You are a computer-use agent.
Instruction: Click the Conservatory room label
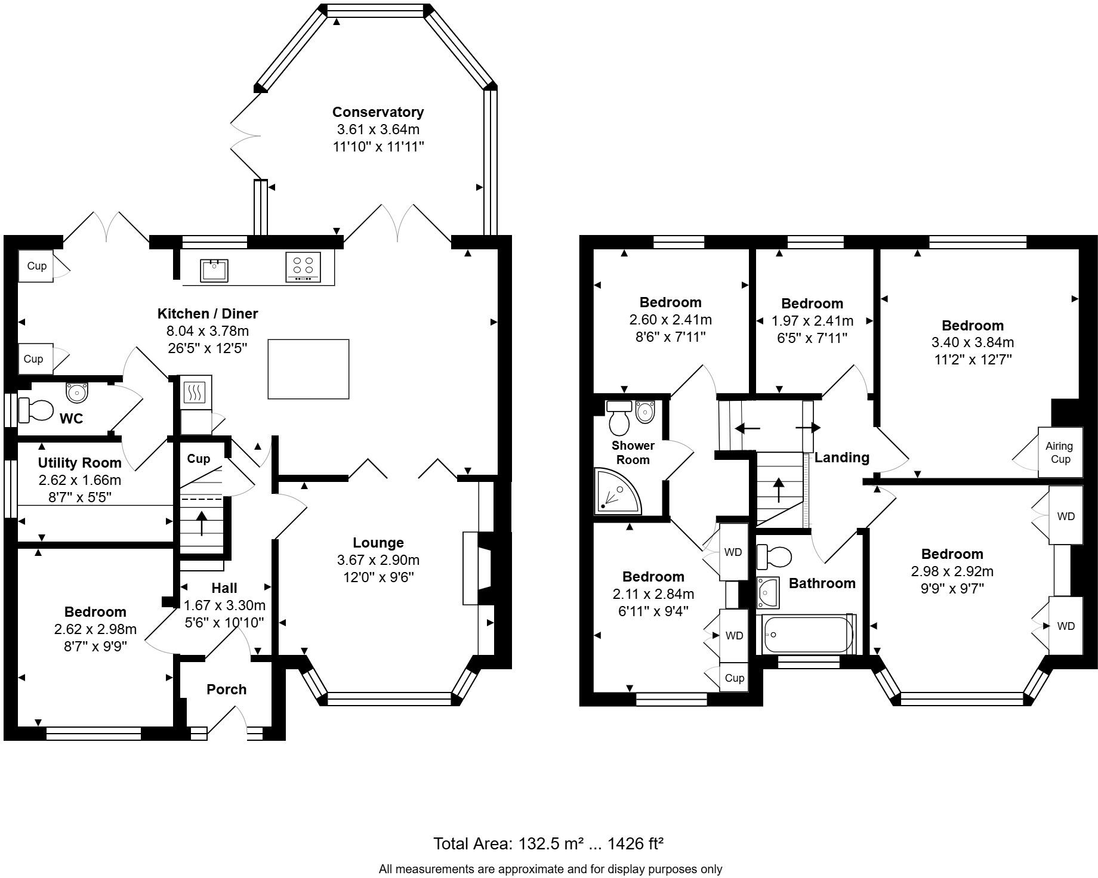pyautogui.click(x=378, y=112)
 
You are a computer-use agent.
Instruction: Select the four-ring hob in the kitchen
pyautogui.click(x=303, y=267)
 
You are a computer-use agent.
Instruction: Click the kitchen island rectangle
pyautogui.click(x=308, y=369)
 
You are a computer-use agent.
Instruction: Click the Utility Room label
pyautogui.click(x=79, y=463)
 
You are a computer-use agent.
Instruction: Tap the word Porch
pyautogui.click(x=226, y=690)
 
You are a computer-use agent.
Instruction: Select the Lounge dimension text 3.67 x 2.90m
pyautogui.click(x=378, y=560)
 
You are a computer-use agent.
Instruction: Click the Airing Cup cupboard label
pyautogui.click(x=1060, y=452)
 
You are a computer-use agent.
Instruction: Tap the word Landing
pyautogui.click(x=841, y=457)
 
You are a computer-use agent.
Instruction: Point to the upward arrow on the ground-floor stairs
pyautogui.click(x=202, y=523)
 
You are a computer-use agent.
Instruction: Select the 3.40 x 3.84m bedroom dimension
pyautogui.click(x=973, y=342)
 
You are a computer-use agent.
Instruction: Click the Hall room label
pyautogui.click(x=224, y=588)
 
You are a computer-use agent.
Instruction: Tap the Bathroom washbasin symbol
pyautogui.click(x=768, y=591)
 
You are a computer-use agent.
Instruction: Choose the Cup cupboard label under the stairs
pyautogui.click(x=198, y=459)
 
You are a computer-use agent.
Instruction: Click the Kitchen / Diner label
pyautogui.click(x=208, y=314)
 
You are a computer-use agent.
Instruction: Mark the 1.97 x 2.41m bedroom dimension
pyautogui.click(x=812, y=321)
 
